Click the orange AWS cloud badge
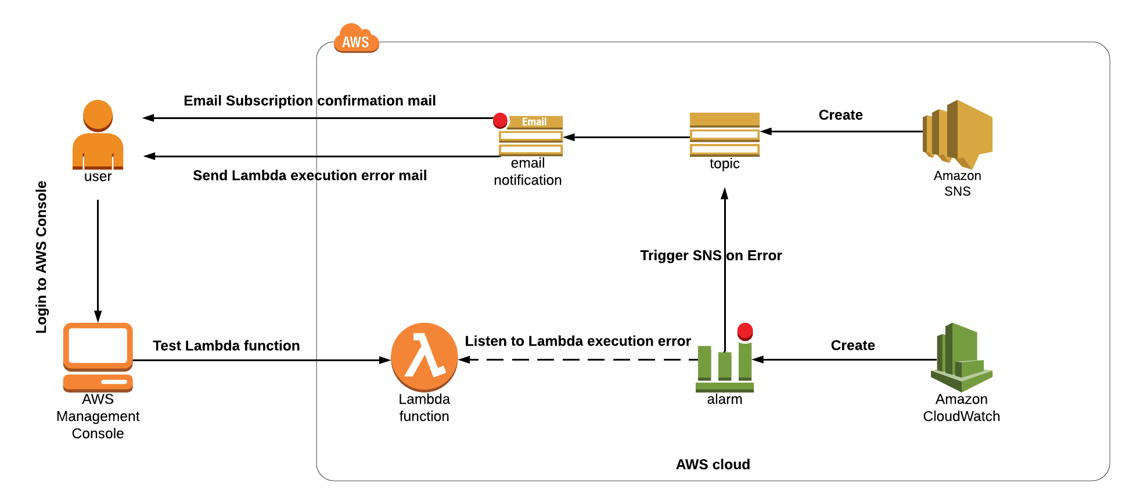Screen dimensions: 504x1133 [x=356, y=39]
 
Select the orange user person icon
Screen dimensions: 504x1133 [x=98, y=135]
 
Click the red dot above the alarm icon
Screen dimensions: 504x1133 [x=745, y=332]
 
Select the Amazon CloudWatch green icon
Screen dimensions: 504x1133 [x=961, y=357]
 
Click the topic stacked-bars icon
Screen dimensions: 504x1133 [x=724, y=135]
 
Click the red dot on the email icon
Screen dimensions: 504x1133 [x=500, y=120]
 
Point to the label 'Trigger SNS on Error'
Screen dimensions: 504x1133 [x=711, y=255]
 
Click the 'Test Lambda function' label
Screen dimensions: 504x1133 [x=226, y=345]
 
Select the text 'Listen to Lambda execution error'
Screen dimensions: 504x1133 [x=577, y=341]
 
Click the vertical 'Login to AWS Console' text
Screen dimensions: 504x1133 [x=41, y=257]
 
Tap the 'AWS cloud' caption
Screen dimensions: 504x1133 [x=713, y=465]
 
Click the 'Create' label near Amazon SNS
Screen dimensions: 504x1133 [x=840, y=115]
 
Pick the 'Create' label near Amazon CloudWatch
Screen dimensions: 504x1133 [x=853, y=345]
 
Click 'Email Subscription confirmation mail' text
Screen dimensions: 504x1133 [x=310, y=100]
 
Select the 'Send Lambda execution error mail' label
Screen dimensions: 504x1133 [x=310, y=175]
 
